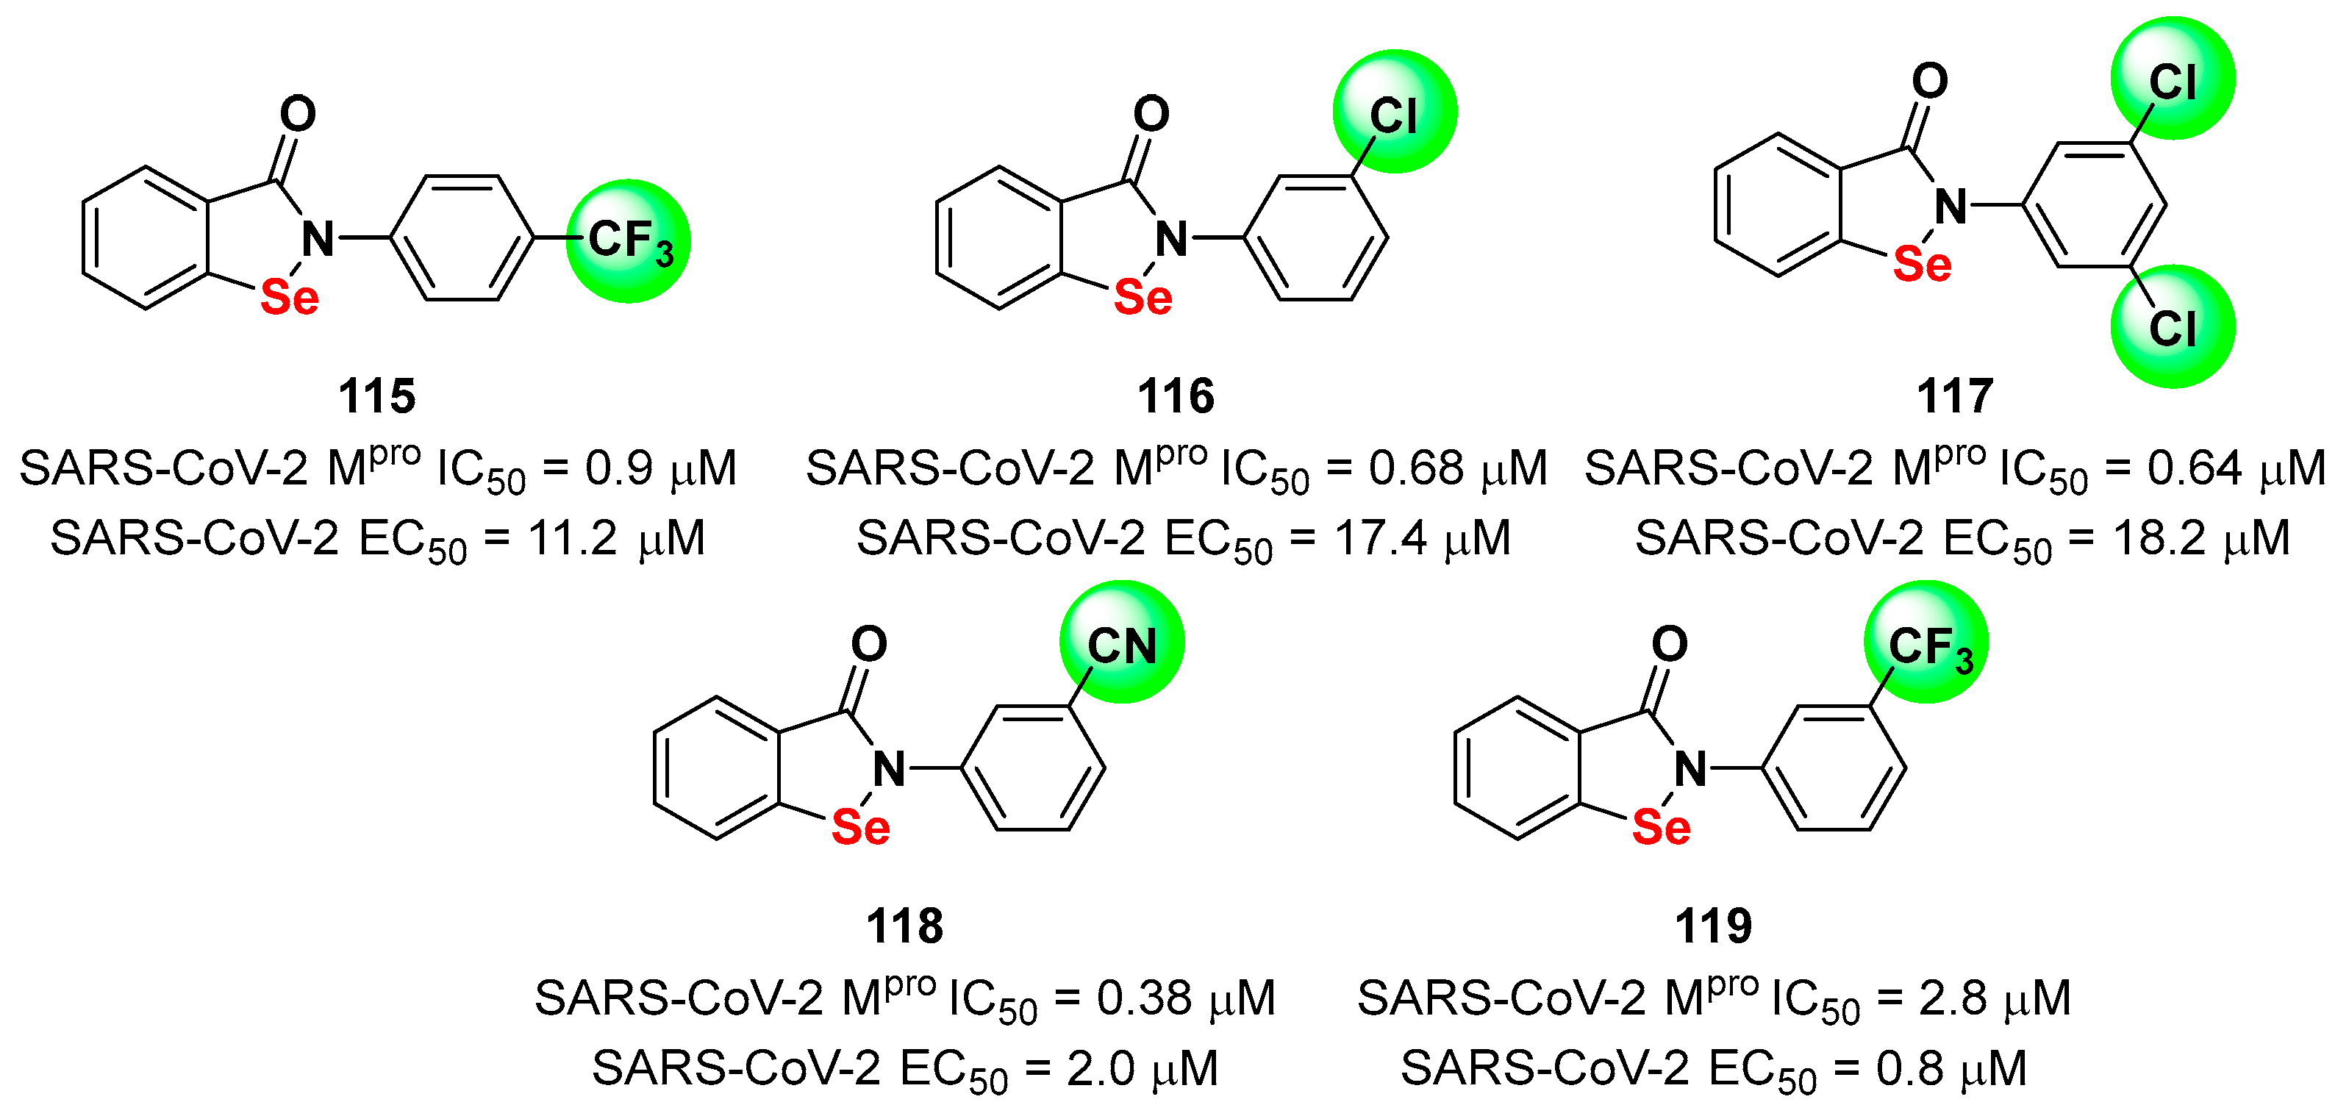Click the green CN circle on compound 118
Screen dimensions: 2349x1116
1122,642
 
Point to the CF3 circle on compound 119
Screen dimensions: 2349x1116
1926,642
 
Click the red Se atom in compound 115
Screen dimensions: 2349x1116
290,297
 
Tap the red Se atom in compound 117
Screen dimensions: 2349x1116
1923,265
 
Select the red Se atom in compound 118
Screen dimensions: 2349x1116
861,827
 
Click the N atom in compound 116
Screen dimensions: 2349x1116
1172,240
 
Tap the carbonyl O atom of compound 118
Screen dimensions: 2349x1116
869,644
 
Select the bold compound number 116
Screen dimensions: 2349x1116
1176,396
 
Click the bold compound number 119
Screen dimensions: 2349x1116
1714,926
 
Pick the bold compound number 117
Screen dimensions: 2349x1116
1955,396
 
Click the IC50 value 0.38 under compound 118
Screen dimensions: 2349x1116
1145,998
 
